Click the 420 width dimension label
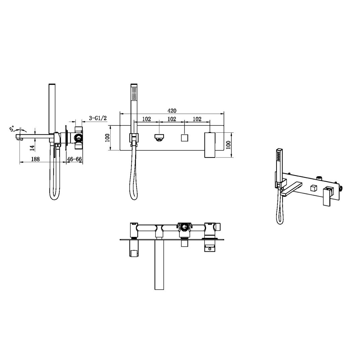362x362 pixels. (x=172, y=111)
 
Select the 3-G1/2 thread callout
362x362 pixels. (x=98, y=118)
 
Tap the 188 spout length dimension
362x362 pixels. (x=35, y=159)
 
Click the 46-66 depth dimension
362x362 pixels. (x=74, y=159)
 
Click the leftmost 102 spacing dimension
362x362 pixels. (x=146, y=119)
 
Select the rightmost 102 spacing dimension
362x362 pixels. (x=197, y=119)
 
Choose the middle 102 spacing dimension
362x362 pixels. (x=172, y=119)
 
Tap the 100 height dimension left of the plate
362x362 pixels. (x=107, y=138)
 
